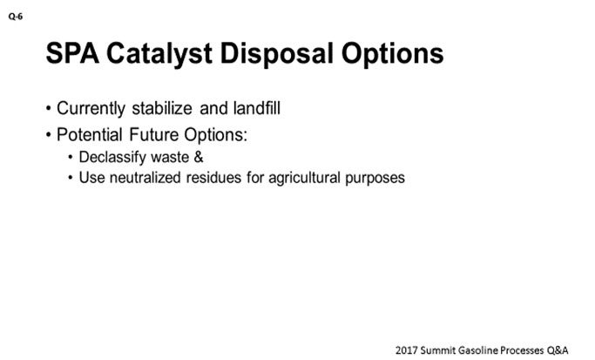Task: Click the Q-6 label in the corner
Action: click(16, 17)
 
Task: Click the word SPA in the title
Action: click(72, 53)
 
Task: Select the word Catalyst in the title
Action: click(159, 54)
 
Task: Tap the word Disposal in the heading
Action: click(277, 54)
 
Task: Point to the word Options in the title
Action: click(392, 54)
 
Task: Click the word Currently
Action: click(91, 109)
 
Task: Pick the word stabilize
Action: click(162, 108)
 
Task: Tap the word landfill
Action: click(257, 108)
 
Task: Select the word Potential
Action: click(90, 135)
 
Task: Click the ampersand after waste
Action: click(199, 157)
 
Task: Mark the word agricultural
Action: click(304, 179)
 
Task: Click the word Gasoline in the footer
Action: click(478, 350)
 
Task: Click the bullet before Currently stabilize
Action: click(48, 109)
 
